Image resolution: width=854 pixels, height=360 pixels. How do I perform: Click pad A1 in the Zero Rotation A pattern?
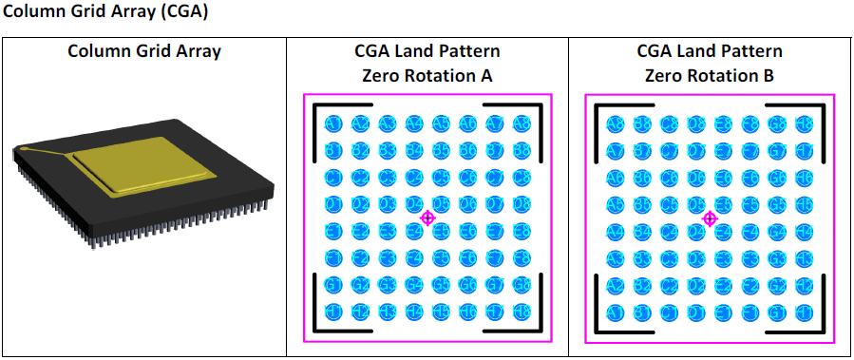pos(333,124)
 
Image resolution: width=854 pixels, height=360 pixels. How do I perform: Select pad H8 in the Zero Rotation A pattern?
pos(521,311)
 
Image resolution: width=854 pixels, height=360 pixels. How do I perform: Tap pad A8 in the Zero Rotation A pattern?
pos(521,124)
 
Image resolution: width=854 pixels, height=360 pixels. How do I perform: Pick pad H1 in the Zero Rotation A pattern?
pos(333,311)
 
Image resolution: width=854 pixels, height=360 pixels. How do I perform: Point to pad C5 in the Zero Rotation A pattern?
pos(441,178)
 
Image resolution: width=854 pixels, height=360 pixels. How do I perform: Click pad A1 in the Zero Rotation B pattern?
pos(616,311)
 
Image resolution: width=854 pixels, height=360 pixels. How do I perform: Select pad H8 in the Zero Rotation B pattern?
pos(803,124)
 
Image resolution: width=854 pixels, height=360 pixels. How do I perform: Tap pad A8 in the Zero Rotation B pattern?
pos(616,124)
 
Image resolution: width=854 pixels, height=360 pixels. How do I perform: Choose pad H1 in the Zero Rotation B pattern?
pos(803,311)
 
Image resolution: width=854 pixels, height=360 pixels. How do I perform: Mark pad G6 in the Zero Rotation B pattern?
pos(776,178)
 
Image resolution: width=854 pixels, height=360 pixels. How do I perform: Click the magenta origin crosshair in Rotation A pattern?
pos(427,218)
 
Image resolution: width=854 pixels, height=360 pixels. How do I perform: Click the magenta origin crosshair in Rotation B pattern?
pos(709,218)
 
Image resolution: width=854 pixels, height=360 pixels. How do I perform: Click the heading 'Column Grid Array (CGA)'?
pos(105,13)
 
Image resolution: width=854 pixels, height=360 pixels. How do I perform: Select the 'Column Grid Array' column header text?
pos(144,51)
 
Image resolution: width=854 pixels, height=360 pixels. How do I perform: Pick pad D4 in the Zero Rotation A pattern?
pos(413,204)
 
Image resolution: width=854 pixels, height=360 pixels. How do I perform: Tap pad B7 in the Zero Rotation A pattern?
pos(494,151)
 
